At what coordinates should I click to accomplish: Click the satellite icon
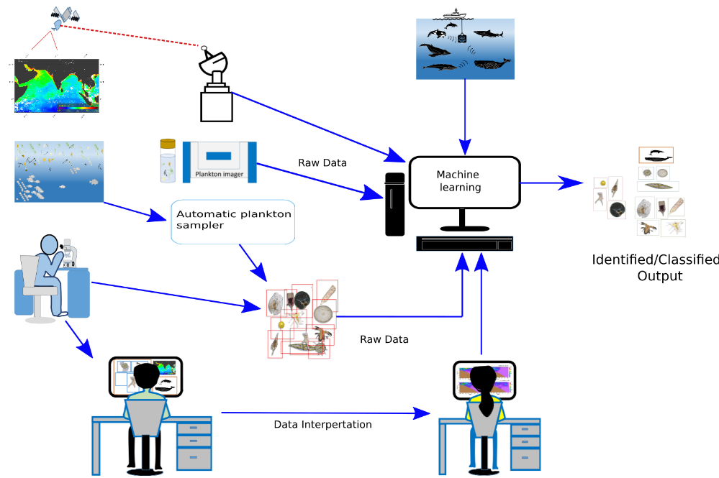click(x=61, y=17)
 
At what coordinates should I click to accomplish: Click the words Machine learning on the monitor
click(x=458, y=181)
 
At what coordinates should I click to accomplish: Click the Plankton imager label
click(x=220, y=173)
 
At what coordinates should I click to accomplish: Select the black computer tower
click(x=394, y=204)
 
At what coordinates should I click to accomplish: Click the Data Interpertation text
click(x=322, y=425)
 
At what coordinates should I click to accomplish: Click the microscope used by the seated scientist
click(x=70, y=252)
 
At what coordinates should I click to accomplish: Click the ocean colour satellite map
click(x=56, y=86)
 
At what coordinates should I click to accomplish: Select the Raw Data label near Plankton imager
click(x=322, y=163)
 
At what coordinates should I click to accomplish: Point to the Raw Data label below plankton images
click(x=384, y=339)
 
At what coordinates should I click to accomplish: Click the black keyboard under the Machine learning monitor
click(x=464, y=244)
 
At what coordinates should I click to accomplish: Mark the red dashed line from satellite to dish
click(x=130, y=36)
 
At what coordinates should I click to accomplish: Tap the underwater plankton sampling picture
click(x=59, y=171)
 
